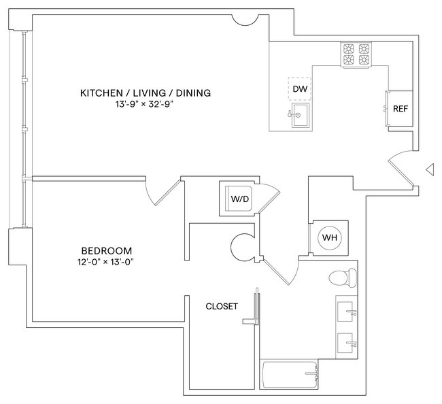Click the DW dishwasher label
click(x=299, y=89)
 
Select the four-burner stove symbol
click(x=357, y=54)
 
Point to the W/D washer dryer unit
click(x=238, y=199)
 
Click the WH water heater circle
click(x=330, y=237)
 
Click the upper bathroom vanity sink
click(x=347, y=312)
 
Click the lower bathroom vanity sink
click(x=347, y=341)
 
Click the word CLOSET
click(x=222, y=306)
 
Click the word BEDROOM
click(x=106, y=250)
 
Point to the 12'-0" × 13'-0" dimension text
click(x=106, y=263)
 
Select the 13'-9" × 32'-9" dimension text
click(x=145, y=105)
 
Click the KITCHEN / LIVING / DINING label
click(x=145, y=93)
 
